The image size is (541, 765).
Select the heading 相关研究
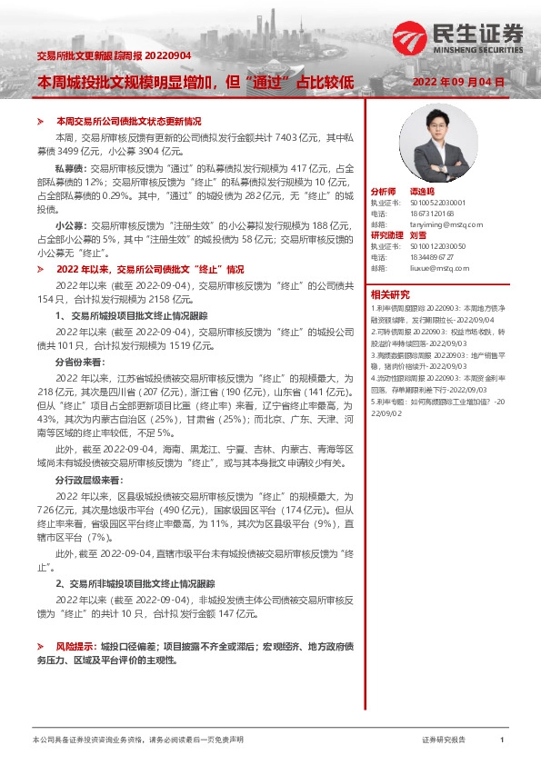(390, 293)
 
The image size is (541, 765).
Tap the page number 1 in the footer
(502, 740)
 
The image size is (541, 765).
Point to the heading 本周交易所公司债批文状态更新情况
(128, 121)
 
